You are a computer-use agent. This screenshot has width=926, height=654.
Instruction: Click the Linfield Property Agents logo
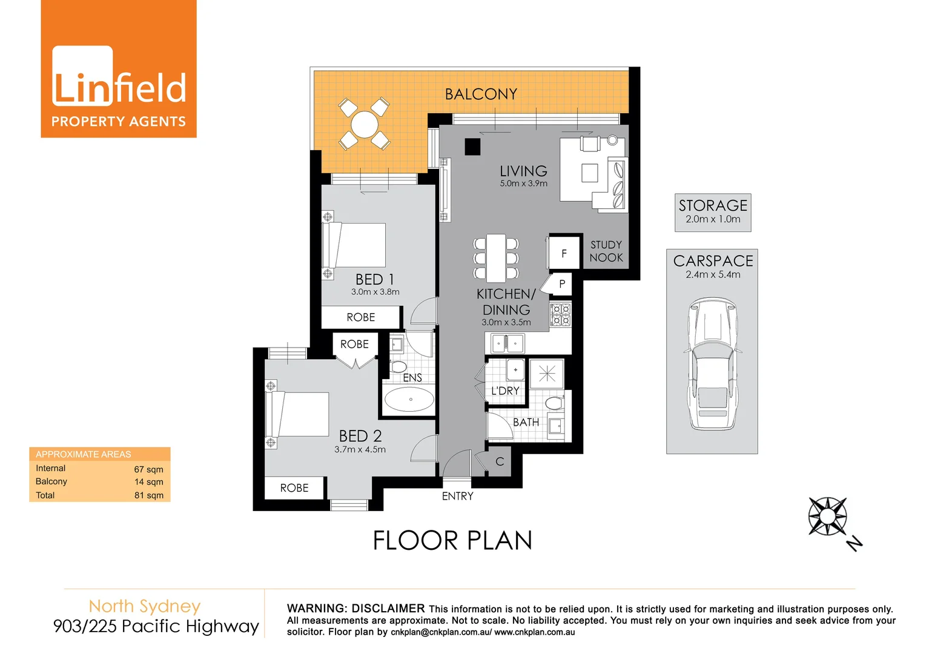point(119,70)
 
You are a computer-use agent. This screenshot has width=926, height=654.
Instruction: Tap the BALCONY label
point(481,94)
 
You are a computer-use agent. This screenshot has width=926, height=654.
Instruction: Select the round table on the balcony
point(364,125)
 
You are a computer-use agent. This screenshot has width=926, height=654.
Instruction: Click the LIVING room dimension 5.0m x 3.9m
point(523,183)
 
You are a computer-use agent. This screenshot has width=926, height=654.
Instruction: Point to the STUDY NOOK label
point(606,251)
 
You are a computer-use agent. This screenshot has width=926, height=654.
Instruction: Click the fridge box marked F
point(564,253)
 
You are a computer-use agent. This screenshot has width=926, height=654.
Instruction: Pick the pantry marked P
point(561,283)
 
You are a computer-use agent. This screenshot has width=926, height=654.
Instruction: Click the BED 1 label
point(374,279)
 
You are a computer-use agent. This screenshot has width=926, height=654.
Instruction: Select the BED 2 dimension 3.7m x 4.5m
point(360,449)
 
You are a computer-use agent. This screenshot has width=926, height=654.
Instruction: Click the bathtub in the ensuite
point(410,400)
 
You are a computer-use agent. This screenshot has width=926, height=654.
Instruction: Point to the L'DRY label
point(505,391)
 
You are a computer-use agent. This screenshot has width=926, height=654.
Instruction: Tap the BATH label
point(526,422)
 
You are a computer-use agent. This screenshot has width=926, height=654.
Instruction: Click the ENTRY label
point(457,496)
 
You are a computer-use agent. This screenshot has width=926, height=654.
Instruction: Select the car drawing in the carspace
point(712,363)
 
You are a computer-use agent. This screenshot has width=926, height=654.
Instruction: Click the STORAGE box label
point(713,206)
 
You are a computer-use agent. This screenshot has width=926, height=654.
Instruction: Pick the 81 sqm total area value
point(148,495)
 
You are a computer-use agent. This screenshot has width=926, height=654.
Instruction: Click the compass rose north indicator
point(828,517)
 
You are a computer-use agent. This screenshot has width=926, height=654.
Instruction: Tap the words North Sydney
point(144,606)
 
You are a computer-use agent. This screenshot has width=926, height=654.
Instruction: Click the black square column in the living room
point(472,147)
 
